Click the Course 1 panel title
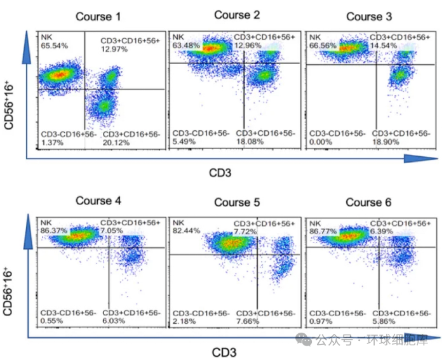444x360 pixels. pyautogui.click(x=98, y=16)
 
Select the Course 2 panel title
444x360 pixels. pyautogui.click(x=237, y=15)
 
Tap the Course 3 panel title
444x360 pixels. pyautogui.click(x=368, y=16)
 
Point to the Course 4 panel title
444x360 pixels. pyautogui.click(x=98, y=201)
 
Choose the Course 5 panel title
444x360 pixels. pyautogui.click(x=237, y=202)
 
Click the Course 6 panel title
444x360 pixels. pyautogui.click(x=368, y=202)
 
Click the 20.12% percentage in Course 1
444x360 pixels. pyautogui.click(x=116, y=143)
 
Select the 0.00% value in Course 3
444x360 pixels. pyautogui.click(x=320, y=143)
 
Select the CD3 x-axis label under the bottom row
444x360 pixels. pyautogui.click(x=224, y=352)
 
